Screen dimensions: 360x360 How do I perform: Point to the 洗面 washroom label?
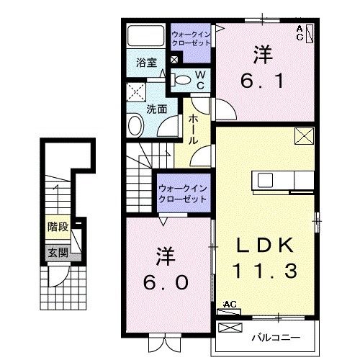coord(157,109)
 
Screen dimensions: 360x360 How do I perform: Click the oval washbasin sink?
coord(136,126)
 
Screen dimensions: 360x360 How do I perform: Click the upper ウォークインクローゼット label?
coord(192,38)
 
